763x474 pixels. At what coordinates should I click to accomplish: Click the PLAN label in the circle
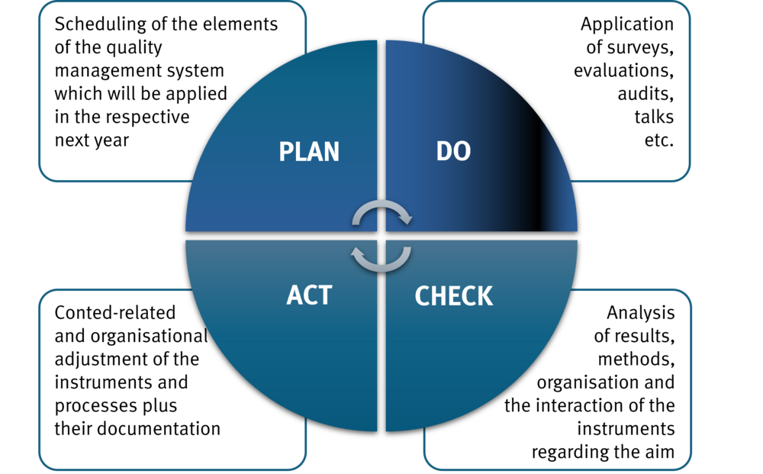(x=309, y=151)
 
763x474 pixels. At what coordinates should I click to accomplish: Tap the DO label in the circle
(x=453, y=151)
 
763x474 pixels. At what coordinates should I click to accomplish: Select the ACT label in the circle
(x=310, y=295)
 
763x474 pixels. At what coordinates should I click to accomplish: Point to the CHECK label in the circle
(x=453, y=295)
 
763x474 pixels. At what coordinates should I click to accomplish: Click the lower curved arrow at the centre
(x=381, y=258)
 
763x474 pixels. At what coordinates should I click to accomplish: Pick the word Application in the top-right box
(x=626, y=24)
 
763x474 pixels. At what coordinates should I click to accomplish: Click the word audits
(x=645, y=95)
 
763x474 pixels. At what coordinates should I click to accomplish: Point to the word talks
(x=654, y=118)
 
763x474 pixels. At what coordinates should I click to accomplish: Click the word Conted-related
(x=115, y=313)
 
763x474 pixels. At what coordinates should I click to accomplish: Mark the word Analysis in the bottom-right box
(x=640, y=313)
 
